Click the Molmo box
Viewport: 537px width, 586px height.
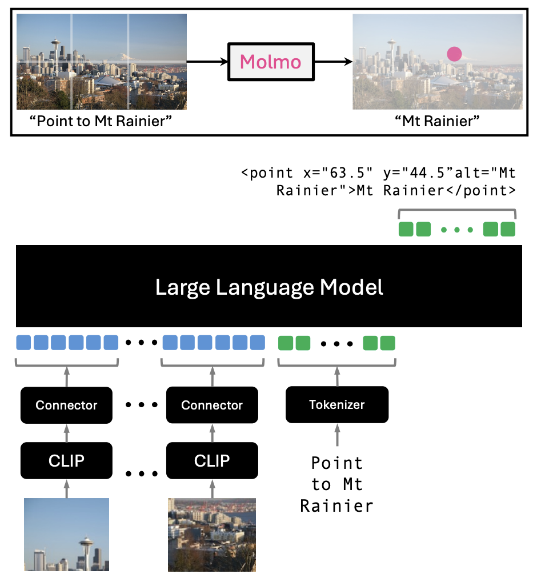click(x=271, y=61)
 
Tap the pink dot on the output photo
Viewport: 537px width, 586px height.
click(x=454, y=54)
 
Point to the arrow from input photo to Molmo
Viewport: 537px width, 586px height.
click(x=207, y=61)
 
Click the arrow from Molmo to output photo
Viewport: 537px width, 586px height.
click(x=333, y=61)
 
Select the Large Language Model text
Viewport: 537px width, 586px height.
click(x=269, y=287)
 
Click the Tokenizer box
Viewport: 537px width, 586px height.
click(x=336, y=404)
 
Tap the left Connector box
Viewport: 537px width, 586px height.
click(x=66, y=405)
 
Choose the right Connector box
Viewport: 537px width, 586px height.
click(x=212, y=405)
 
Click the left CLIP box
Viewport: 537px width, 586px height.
click(x=66, y=460)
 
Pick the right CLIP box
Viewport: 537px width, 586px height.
click(x=212, y=460)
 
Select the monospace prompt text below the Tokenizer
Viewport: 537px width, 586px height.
click(x=336, y=484)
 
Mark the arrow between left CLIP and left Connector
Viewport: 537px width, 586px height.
click(x=66, y=433)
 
